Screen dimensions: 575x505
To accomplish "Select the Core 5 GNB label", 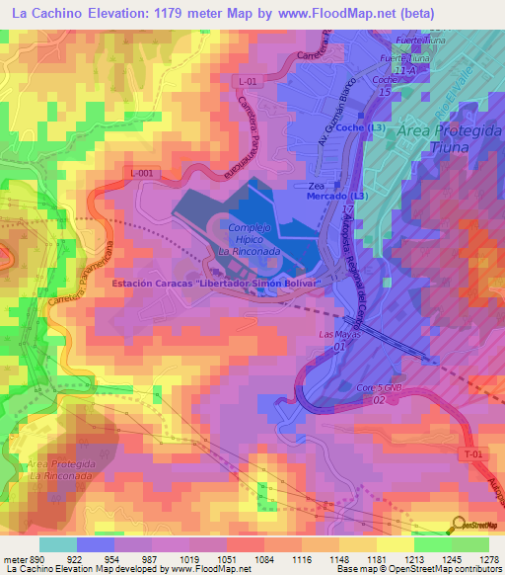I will (x=382, y=387).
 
